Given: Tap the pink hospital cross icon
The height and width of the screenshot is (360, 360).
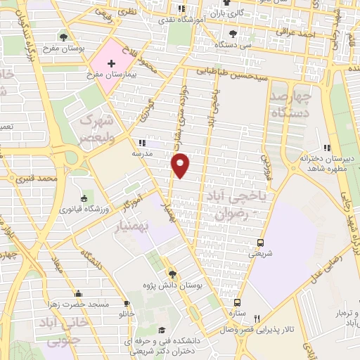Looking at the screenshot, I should click(112, 63).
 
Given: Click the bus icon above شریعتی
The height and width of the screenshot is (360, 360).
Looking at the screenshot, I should click(262, 242).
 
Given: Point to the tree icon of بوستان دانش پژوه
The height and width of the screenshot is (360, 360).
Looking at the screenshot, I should click(172, 274).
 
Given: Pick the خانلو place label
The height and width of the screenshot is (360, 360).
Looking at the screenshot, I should click(127, 312).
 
